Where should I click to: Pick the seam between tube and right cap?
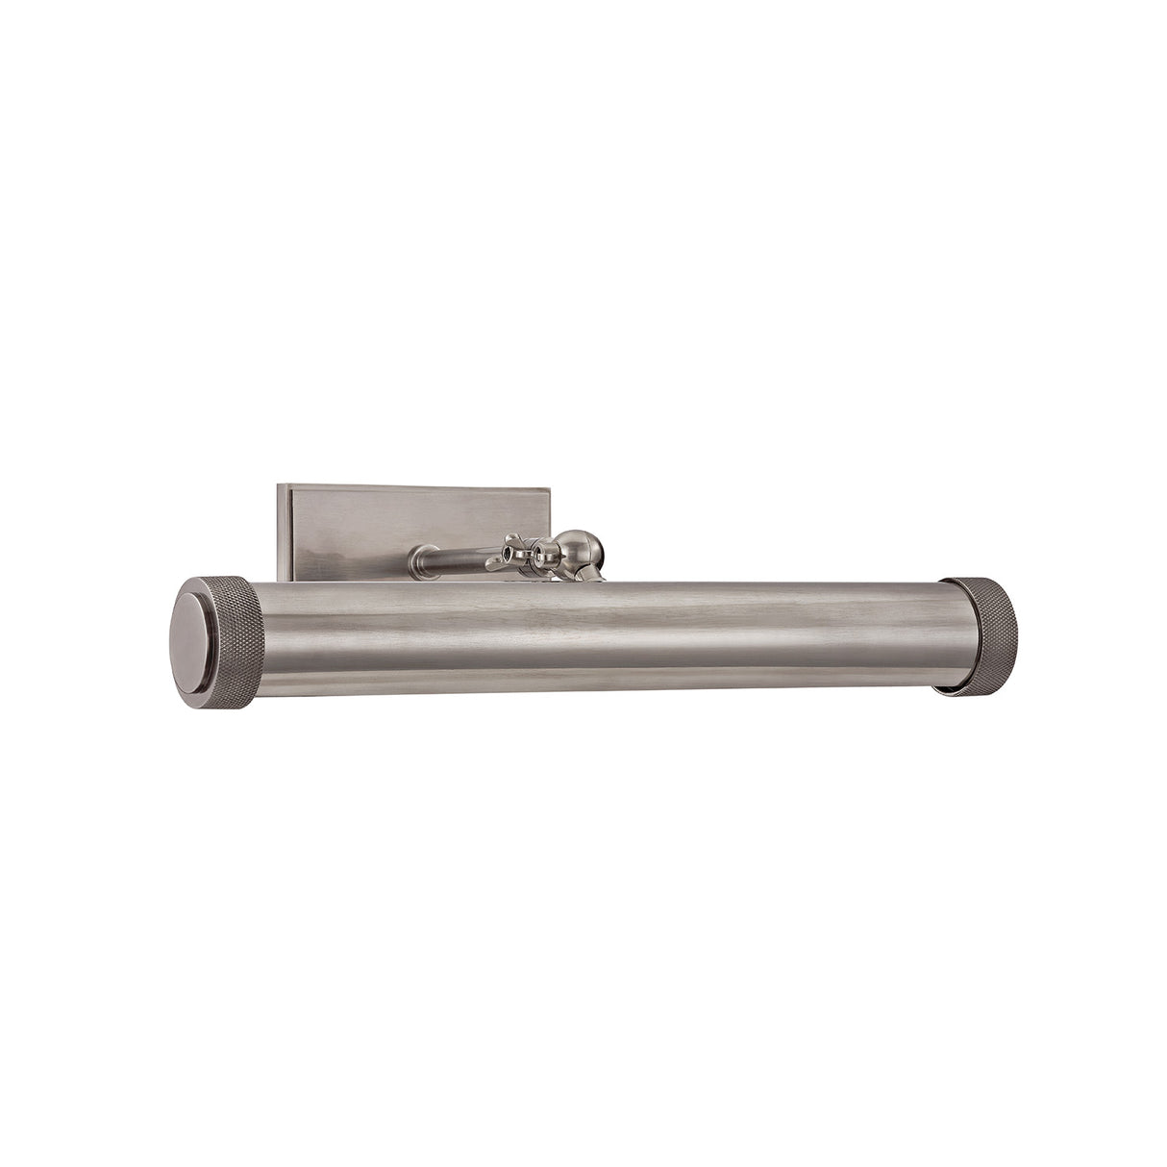coord(945,634)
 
